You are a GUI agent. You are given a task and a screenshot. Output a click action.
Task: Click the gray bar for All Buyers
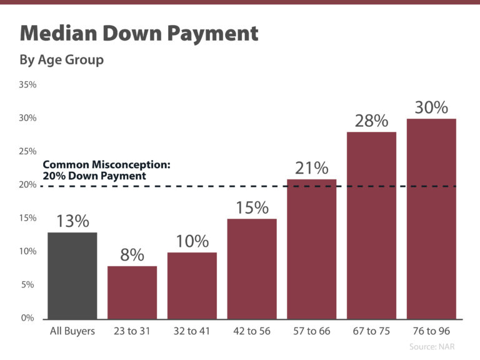(x=72, y=275)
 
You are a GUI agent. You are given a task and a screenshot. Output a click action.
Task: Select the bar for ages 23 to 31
(x=132, y=292)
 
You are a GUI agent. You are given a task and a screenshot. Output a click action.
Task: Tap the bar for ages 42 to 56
(x=252, y=268)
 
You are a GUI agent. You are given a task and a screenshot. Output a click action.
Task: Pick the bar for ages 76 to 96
(x=431, y=218)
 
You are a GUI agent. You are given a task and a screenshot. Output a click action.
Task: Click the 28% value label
(x=371, y=121)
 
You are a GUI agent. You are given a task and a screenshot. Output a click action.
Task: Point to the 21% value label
(x=312, y=167)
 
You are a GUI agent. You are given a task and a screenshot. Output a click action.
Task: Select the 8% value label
(x=132, y=255)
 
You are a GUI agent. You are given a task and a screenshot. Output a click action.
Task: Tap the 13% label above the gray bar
(x=72, y=221)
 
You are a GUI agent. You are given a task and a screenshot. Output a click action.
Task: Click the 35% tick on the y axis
(x=28, y=84)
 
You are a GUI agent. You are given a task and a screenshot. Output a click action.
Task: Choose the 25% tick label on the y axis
(x=28, y=151)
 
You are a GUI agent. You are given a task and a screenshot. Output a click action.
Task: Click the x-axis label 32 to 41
(x=192, y=331)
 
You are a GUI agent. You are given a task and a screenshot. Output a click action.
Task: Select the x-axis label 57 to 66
(x=312, y=331)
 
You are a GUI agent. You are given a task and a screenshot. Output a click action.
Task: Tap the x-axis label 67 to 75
(x=371, y=331)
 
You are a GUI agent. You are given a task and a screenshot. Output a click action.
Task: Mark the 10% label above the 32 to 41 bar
(x=192, y=241)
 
